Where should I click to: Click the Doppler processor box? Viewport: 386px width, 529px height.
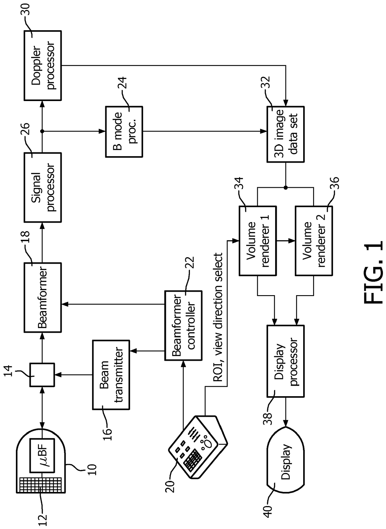pyautogui.click(x=43, y=65)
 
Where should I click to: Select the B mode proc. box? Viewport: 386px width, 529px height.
pyautogui.click(x=124, y=132)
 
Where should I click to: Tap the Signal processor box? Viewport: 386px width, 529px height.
pyautogui.click(x=43, y=187)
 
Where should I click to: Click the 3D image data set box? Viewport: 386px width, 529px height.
pyautogui.click(x=285, y=134)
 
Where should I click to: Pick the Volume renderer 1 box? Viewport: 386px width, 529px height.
pyautogui.click(x=258, y=241)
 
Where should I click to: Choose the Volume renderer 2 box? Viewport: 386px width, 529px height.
pyautogui.click(x=314, y=241)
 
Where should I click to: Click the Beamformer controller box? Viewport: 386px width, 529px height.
pyautogui.click(x=183, y=325)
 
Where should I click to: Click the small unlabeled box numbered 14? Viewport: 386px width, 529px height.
pyautogui.click(x=42, y=375)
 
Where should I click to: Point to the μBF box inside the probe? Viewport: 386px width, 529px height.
pyautogui.click(x=42, y=456)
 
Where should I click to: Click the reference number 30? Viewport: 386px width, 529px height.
pyautogui.click(x=26, y=9)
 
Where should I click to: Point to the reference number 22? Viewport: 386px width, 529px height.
pyautogui.click(x=190, y=262)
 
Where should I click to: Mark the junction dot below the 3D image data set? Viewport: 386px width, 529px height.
pyautogui.click(x=285, y=188)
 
